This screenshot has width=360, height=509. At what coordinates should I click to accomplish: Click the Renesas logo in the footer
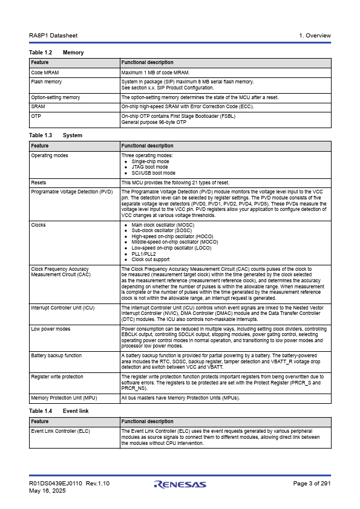click(180, 484)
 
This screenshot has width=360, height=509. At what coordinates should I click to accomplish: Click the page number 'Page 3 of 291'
click(312, 484)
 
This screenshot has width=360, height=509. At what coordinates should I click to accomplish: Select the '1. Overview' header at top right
click(315, 36)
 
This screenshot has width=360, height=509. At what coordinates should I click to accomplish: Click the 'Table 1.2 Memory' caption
click(56, 53)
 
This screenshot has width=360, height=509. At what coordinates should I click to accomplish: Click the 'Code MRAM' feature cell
click(45, 73)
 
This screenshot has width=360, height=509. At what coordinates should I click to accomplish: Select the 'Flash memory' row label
click(47, 82)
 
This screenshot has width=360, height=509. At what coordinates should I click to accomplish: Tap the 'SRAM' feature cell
click(38, 106)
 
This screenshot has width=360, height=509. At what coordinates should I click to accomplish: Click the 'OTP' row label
click(36, 115)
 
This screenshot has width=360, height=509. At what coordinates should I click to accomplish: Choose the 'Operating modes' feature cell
click(50, 155)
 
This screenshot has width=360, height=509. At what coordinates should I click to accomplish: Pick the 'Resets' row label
click(39, 183)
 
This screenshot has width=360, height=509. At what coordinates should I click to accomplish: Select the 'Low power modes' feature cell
click(51, 329)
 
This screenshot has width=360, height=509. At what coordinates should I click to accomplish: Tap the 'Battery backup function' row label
click(56, 356)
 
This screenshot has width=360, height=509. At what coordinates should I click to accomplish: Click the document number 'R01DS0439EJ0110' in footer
click(56, 484)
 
